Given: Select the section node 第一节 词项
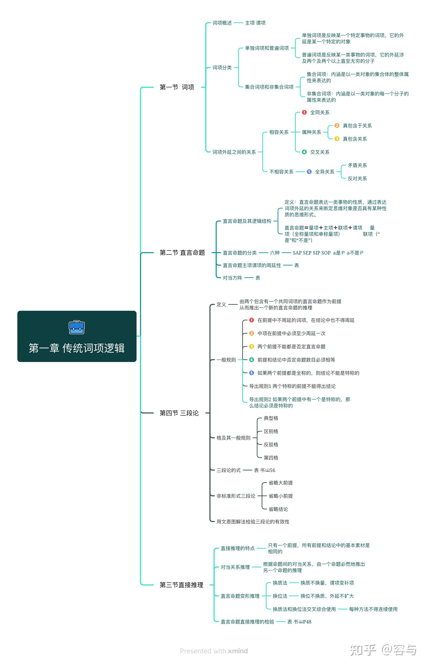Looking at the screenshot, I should click(177, 87).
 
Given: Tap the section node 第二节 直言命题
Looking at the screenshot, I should click(182, 253).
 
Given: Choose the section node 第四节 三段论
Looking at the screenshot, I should click(179, 413).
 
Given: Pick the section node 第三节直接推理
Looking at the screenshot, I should click(181, 585).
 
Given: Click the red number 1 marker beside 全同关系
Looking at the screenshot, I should click(304, 112).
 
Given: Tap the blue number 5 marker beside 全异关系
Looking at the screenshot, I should click(309, 172).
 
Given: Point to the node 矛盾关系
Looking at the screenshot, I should click(357, 165).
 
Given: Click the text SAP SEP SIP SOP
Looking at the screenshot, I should click(312, 253).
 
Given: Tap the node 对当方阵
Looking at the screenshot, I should click(232, 278).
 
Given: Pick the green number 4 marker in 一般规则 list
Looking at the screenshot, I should click(251, 360).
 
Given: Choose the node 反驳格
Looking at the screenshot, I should click(271, 444).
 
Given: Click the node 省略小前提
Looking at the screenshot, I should click(280, 496).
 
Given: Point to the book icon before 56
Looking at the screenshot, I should click(267, 470).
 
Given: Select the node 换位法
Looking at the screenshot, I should click(280, 596).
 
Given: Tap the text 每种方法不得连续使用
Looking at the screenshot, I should click(373, 609).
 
